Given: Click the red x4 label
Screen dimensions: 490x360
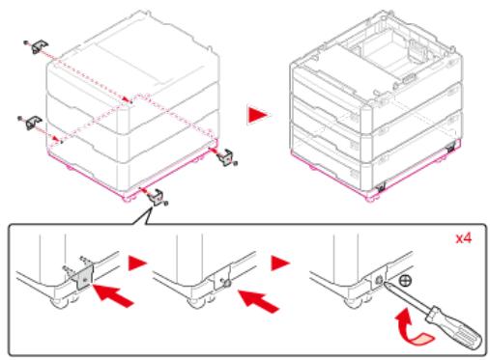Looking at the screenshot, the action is [x=463, y=238].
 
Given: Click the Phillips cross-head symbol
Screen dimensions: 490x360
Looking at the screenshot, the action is [x=405, y=281].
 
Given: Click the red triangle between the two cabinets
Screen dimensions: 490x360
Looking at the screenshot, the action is [x=258, y=115].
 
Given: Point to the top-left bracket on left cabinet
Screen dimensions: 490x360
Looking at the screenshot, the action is [x=40, y=46].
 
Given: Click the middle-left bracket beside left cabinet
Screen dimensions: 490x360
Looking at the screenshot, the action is [x=33, y=123].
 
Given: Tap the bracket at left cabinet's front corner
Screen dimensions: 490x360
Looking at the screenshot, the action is [x=156, y=197].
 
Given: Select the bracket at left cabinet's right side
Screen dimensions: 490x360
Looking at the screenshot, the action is [x=225, y=157].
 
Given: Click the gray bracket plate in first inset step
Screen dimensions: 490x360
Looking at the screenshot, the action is [x=84, y=276].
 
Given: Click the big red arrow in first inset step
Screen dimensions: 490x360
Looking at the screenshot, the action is [x=113, y=295].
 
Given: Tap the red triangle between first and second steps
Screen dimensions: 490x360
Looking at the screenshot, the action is [x=137, y=263].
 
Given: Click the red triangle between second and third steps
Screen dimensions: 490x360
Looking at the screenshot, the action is [x=280, y=263].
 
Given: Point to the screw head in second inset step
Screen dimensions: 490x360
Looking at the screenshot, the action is [x=226, y=283].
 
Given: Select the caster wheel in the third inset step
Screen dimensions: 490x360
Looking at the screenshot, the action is [x=352, y=302].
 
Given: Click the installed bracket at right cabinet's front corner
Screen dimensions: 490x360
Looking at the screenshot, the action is [x=381, y=186].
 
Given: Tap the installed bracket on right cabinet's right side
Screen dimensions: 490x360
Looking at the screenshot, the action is [x=450, y=148].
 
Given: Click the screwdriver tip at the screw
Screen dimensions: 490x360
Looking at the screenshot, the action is [x=384, y=282].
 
